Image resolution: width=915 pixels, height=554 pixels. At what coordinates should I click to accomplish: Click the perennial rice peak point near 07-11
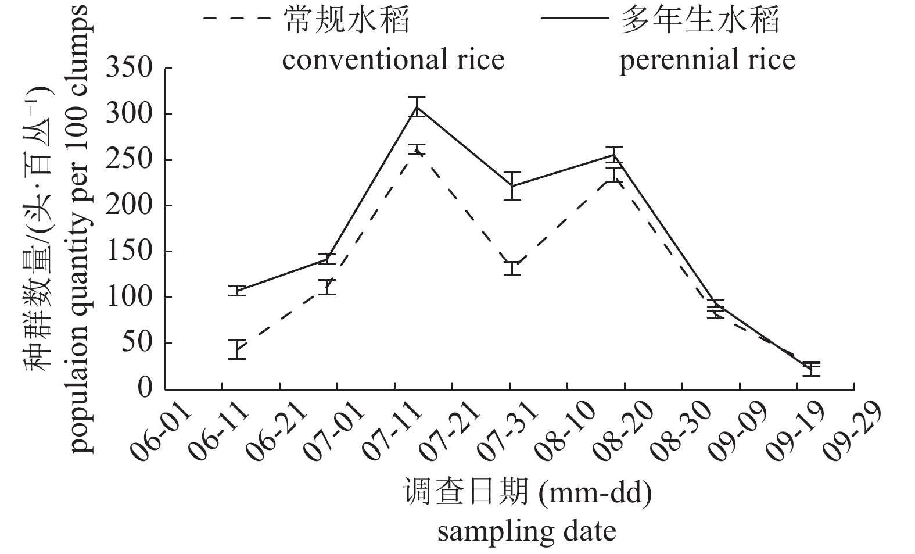point(417,106)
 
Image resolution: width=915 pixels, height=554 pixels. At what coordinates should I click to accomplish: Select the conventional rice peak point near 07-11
point(417,149)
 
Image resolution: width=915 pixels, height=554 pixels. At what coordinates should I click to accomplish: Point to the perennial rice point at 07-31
point(512,186)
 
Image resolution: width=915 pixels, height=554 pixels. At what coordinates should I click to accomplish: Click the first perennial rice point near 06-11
point(236,291)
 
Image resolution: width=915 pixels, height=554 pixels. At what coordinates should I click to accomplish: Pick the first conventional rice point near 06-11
point(236,349)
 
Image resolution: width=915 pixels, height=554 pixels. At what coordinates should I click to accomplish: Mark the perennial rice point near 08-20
point(613,154)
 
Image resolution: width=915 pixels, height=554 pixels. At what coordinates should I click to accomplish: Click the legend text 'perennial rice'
point(707,59)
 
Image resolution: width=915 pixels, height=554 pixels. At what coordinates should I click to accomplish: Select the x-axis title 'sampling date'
point(526,531)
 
